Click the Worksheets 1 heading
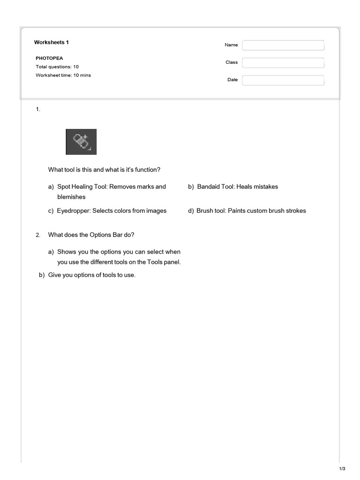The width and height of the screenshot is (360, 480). (52, 43)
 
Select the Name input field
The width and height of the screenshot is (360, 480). (283, 45)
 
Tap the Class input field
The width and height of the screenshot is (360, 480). (283, 62)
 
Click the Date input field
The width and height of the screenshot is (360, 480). (283, 80)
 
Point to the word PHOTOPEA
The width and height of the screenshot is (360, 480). (49, 59)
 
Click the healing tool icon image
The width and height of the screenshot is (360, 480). (81, 142)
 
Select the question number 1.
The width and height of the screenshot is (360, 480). (38, 109)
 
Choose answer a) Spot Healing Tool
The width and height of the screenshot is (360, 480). (111, 187)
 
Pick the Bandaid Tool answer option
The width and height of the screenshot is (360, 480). (237, 187)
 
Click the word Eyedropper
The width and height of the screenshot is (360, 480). (74, 211)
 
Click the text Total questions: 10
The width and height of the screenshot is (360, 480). (57, 67)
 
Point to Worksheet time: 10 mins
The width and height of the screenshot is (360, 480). (63, 75)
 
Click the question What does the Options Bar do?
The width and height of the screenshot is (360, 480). (91, 235)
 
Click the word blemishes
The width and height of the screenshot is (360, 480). (71, 197)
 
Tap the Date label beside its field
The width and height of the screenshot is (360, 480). (232, 80)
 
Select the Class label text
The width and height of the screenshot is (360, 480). (232, 62)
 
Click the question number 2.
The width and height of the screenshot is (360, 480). (38, 235)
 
